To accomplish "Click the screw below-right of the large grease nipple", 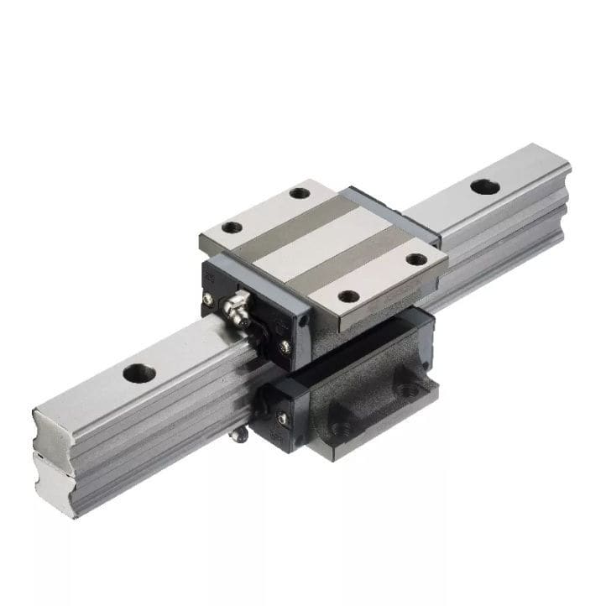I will [x=285, y=345].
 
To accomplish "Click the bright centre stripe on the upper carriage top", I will [x=327, y=243].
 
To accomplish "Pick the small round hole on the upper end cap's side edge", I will [x=303, y=319].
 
